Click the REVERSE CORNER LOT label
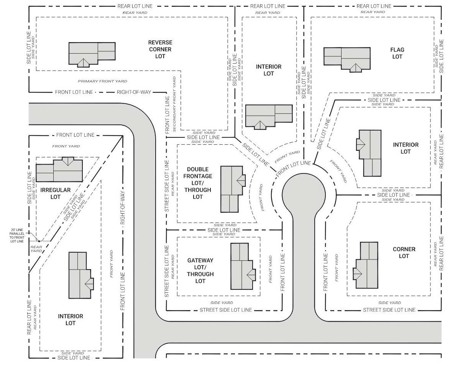160,49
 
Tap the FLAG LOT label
397,53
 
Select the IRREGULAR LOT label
56,193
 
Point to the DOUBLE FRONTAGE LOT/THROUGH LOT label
198,183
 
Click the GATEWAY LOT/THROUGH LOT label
200,271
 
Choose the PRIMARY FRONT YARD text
102,82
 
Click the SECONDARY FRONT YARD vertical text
174,104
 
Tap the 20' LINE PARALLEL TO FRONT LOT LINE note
17,235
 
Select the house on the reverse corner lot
92,54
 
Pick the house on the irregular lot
59,169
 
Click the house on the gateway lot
243,266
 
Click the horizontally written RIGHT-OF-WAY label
134,92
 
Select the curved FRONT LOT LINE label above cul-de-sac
293,168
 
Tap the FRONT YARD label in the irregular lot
66,146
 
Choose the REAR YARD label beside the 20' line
36,249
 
